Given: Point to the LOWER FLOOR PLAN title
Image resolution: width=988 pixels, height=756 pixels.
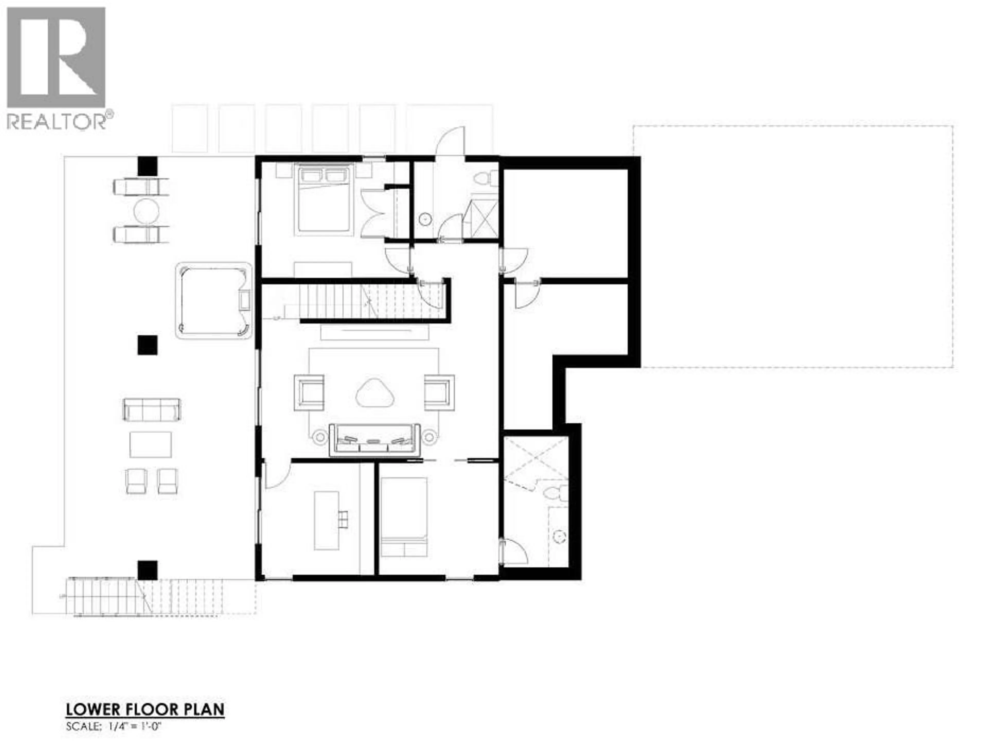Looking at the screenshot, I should [x=145, y=709].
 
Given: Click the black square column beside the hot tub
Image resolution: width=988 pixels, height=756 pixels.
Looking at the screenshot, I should [x=147, y=345].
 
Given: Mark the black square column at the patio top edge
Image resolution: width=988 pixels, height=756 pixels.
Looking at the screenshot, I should [x=147, y=166].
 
